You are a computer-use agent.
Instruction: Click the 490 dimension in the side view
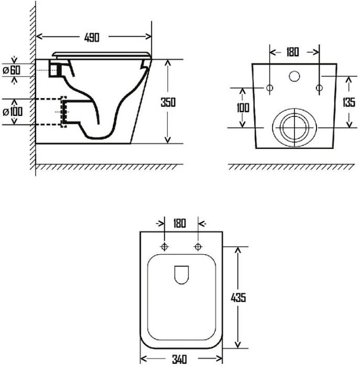tap(92, 37)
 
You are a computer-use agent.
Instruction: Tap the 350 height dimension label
tap(168, 102)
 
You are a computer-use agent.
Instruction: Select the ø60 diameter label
tap(12, 70)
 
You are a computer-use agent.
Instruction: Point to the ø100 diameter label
tap(13, 112)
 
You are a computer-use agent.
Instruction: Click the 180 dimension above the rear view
tap(292, 52)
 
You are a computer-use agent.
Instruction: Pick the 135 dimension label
tap(349, 102)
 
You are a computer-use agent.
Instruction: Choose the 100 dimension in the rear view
tap(243, 107)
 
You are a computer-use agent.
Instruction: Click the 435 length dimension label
tap(238, 298)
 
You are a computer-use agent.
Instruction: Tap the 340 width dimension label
tap(180, 359)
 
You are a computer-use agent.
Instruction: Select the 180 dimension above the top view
tap(179, 223)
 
